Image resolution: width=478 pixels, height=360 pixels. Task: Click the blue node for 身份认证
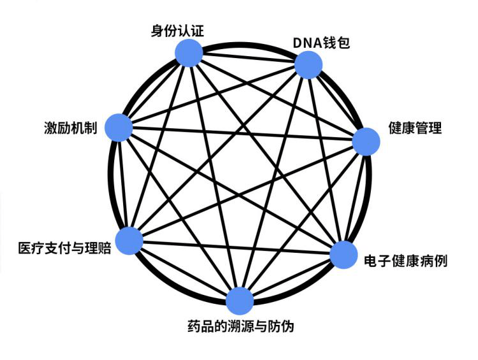click(189, 53)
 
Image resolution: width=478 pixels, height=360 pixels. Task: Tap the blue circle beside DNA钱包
click(308, 65)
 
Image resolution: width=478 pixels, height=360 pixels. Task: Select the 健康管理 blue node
click(366, 142)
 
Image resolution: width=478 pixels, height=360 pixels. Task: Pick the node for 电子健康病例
click(344, 255)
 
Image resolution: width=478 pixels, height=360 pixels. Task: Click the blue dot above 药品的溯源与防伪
click(240, 301)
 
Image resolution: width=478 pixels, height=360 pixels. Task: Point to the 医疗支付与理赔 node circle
click(130, 241)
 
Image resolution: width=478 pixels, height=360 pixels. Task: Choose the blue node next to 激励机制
click(119, 128)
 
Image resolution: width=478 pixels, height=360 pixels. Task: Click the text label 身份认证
click(177, 31)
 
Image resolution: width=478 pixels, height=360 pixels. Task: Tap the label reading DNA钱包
click(321, 43)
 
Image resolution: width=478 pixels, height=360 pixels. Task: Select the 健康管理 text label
click(415, 128)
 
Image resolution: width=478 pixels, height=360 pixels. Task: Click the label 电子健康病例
click(406, 261)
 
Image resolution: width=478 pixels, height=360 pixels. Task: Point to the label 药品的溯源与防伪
click(241, 326)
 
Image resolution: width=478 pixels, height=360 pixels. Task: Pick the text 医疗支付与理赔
click(64, 248)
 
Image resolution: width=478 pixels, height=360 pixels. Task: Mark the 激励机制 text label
click(70, 128)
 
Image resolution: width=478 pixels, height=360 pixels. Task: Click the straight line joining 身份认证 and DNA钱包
click(249, 59)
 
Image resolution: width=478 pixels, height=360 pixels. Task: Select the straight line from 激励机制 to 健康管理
click(243, 135)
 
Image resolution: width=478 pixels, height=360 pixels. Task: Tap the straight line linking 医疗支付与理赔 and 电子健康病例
click(237, 248)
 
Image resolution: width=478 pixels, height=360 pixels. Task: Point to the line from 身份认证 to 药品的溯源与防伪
click(214, 177)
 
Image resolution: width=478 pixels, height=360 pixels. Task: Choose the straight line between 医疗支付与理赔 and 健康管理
click(248, 191)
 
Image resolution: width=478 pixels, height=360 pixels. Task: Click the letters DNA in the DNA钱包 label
click(308, 43)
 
